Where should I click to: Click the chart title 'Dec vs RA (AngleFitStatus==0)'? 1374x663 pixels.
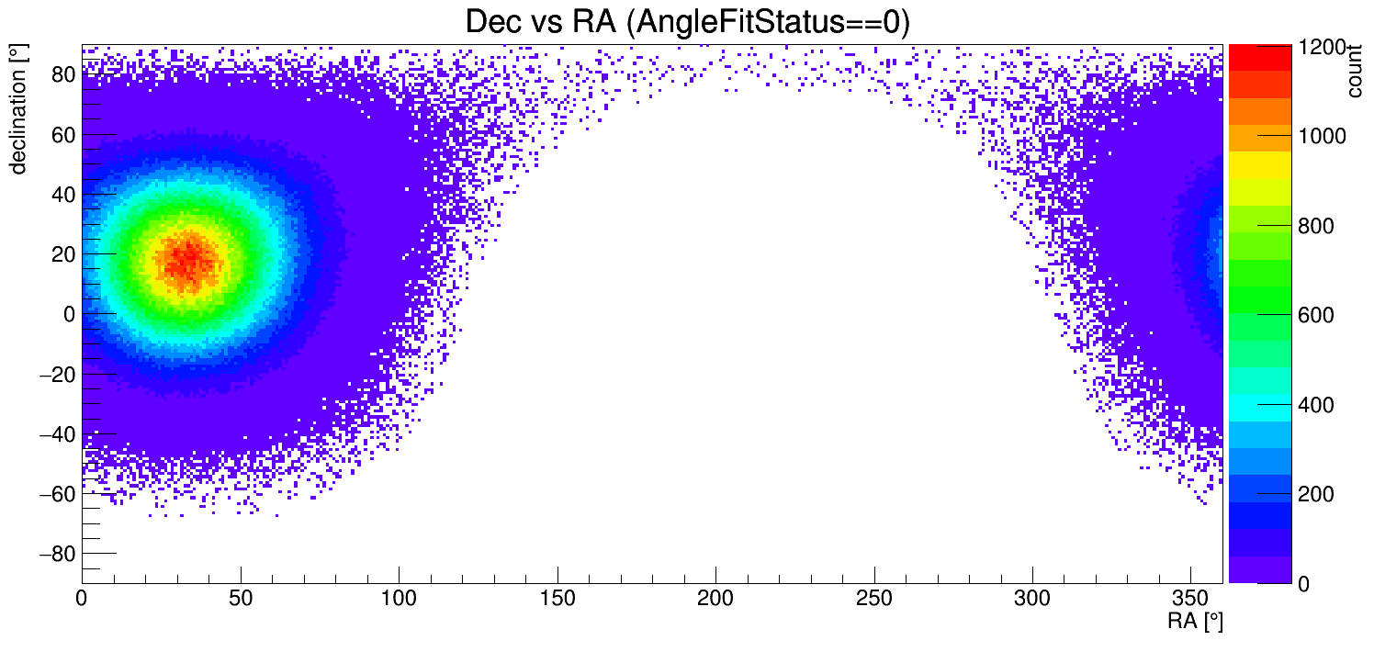pyautogui.click(x=687, y=22)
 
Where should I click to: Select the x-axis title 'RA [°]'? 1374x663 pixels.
pyautogui.click(x=1195, y=622)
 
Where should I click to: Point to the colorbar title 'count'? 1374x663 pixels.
pyautogui.click(x=1355, y=71)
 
